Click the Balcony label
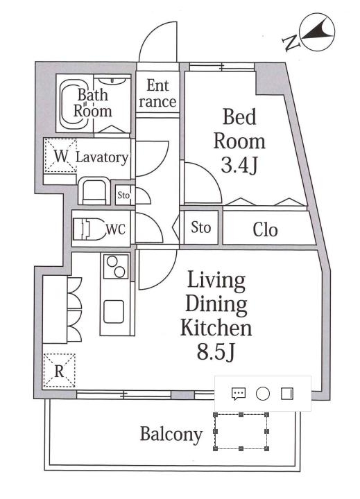[171, 435]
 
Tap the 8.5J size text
[216, 351]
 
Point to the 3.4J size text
[239, 165]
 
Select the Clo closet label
[265, 229]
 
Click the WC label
[115, 229]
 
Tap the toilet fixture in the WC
[89, 229]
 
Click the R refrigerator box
[59, 370]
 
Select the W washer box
[60, 156]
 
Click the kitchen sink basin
[114, 312]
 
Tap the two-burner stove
[116, 266]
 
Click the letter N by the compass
[291, 43]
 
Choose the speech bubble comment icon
[239, 394]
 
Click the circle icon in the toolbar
[263, 394]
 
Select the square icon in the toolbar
[287, 394]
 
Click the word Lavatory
[102, 157]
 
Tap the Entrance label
[157, 94]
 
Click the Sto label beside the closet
[201, 227]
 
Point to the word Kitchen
[216, 328]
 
